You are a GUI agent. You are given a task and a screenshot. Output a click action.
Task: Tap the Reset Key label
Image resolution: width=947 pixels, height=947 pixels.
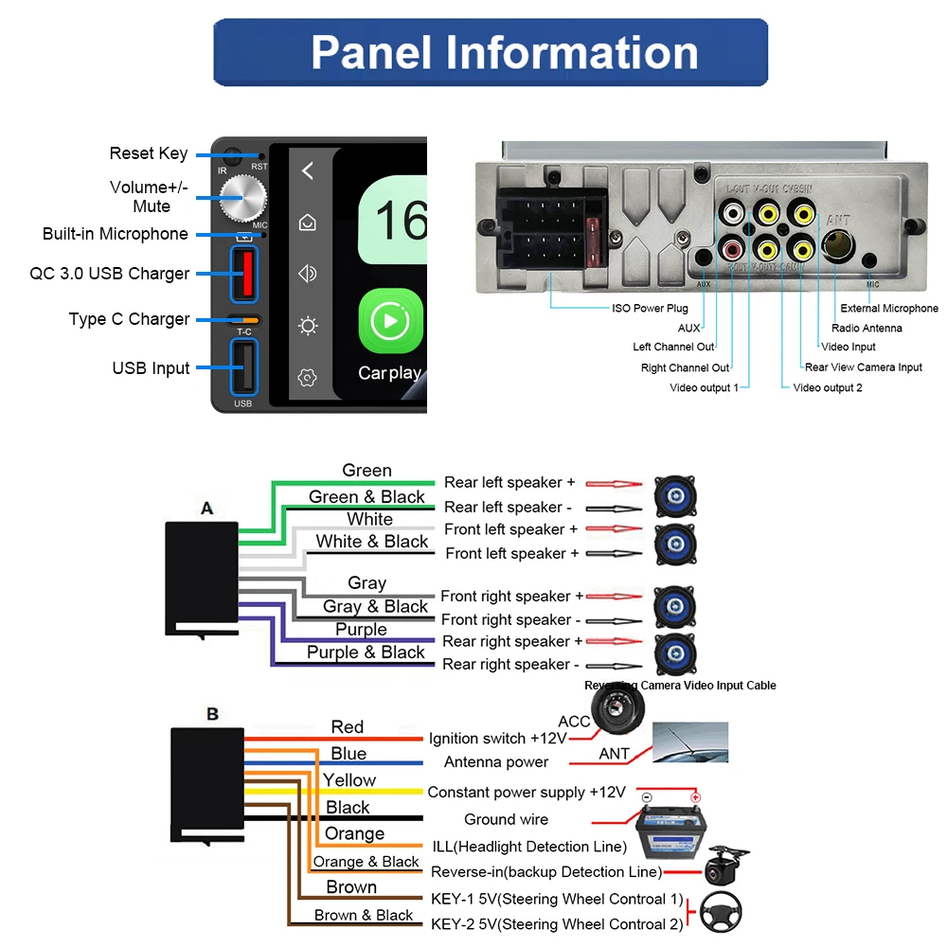click(149, 153)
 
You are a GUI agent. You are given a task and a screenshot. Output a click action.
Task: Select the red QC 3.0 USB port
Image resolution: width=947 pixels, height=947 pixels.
click(243, 273)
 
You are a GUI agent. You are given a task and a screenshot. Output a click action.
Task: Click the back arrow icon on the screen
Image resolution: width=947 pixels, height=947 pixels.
click(307, 171)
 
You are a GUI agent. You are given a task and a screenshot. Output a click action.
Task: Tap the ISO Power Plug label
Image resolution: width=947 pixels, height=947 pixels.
click(650, 308)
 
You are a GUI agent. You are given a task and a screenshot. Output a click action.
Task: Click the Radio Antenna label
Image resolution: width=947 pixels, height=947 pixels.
click(867, 328)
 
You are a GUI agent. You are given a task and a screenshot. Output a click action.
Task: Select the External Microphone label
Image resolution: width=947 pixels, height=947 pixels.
click(889, 308)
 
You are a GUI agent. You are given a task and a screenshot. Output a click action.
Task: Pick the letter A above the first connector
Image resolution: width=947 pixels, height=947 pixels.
click(206, 509)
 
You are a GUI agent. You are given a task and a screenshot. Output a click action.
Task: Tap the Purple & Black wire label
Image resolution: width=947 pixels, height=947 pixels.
click(366, 652)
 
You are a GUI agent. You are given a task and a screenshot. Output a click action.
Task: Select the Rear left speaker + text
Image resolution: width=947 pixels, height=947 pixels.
click(509, 483)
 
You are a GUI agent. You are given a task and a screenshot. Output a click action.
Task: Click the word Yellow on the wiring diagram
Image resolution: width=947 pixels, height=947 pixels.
click(349, 780)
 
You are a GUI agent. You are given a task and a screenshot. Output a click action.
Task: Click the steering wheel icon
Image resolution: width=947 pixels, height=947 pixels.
click(720, 914)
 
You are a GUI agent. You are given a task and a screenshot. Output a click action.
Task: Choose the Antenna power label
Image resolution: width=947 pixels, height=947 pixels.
click(496, 762)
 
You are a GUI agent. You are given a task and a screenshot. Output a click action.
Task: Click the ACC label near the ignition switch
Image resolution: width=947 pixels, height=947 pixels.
click(574, 722)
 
